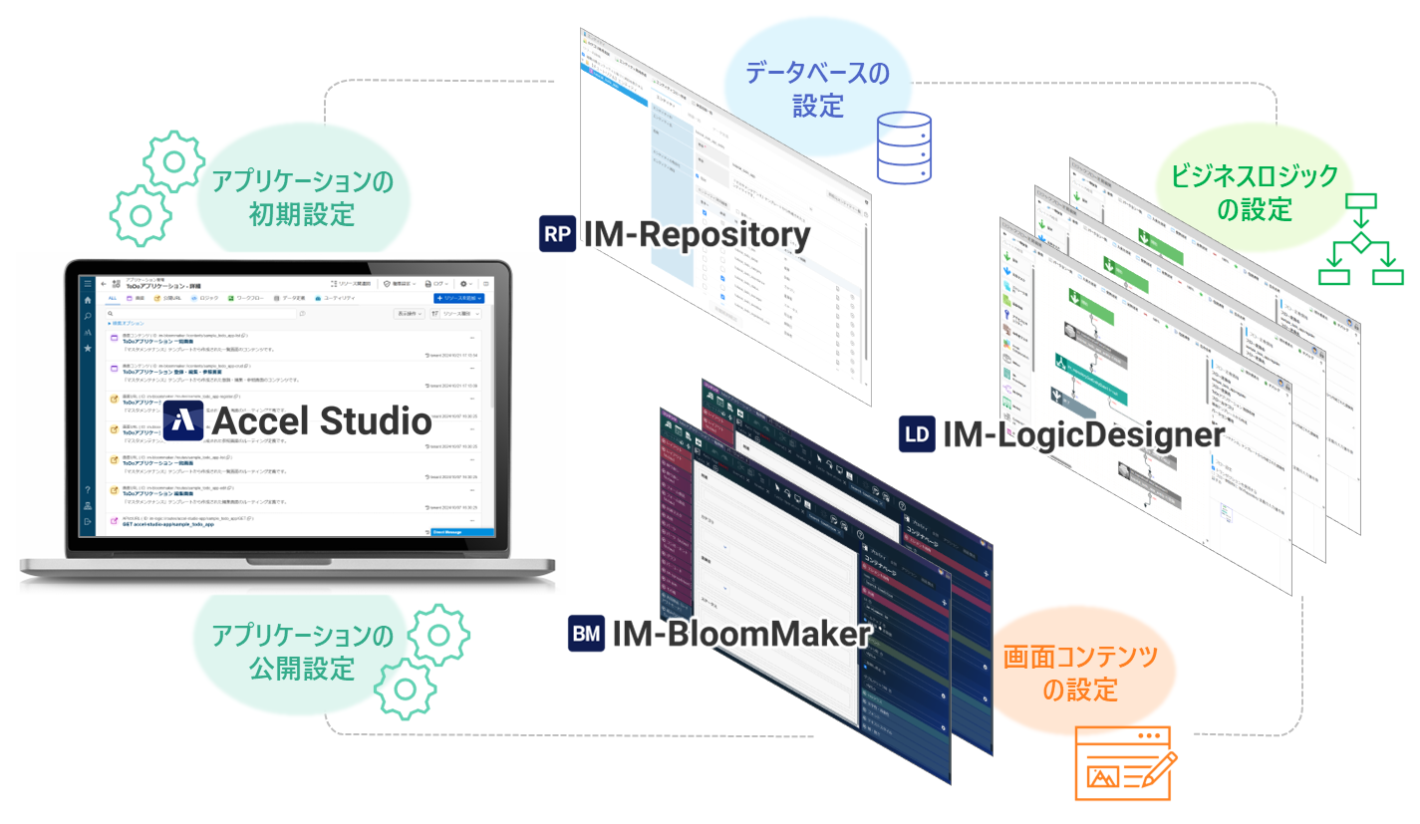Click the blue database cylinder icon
(903, 147)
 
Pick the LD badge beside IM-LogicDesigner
(917, 434)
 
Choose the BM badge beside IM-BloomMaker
(587, 633)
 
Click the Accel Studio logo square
(184, 420)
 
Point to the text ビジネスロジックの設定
(1254, 193)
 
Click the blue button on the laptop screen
(458, 298)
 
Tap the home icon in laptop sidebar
(88, 299)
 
